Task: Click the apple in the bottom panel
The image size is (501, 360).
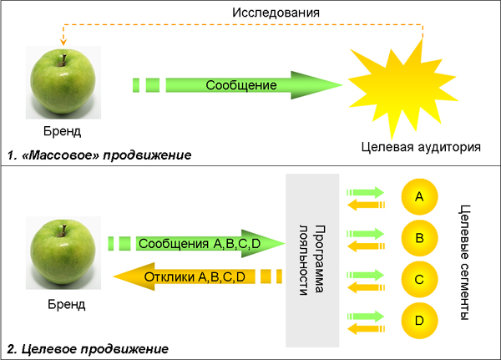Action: [64, 254]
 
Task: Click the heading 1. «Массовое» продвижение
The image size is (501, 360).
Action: [99, 156]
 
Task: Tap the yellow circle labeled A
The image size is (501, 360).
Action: [420, 197]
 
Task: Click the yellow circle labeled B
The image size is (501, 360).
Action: [420, 238]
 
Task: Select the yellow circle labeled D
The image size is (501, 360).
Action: [420, 319]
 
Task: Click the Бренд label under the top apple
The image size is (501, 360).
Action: [64, 131]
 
